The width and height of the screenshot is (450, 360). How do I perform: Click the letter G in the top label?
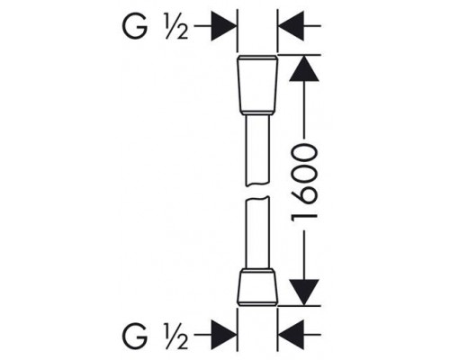tap(135, 26)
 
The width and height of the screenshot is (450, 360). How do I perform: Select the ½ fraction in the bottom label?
tap(176, 335)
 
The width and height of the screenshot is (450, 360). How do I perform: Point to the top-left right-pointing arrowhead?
tap(223, 26)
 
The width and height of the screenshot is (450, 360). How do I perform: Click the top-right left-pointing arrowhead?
tap(292, 26)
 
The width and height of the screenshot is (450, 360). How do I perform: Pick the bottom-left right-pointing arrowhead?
tap(223, 335)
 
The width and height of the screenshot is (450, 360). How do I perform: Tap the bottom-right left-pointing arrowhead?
tap(292, 335)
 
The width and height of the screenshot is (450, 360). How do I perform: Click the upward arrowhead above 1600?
tap(304, 68)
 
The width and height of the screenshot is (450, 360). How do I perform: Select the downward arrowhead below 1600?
tap(304, 292)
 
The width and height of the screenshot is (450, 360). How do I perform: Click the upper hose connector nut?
tap(257, 85)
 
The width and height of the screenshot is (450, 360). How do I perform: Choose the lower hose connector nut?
tap(257, 287)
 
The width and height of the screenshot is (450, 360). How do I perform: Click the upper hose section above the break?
tap(257, 150)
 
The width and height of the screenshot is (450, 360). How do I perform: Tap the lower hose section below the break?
tap(257, 233)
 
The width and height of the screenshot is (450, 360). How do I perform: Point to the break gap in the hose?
tap(257, 192)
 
